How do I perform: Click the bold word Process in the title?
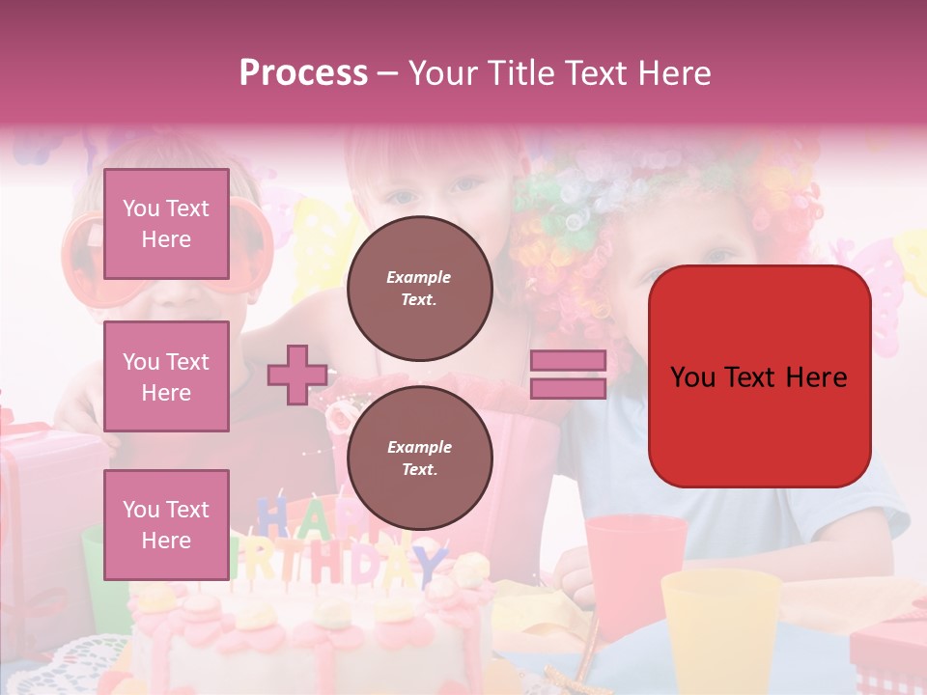pos(303,72)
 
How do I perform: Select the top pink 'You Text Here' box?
pos(166,224)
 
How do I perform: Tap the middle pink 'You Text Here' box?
pos(166,376)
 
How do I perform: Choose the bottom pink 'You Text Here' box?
pos(166,524)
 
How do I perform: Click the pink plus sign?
pos(297,375)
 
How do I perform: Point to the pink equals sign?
pos(568,375)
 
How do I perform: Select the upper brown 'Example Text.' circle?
pos(419,288)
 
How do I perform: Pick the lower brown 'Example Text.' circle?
pos(419,458)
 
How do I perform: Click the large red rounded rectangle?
pos(759,376)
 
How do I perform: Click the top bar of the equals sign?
pos(568,361)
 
